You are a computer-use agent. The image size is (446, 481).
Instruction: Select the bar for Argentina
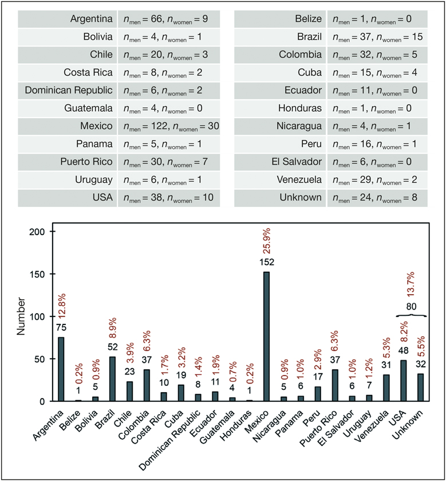click(61, 369)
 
